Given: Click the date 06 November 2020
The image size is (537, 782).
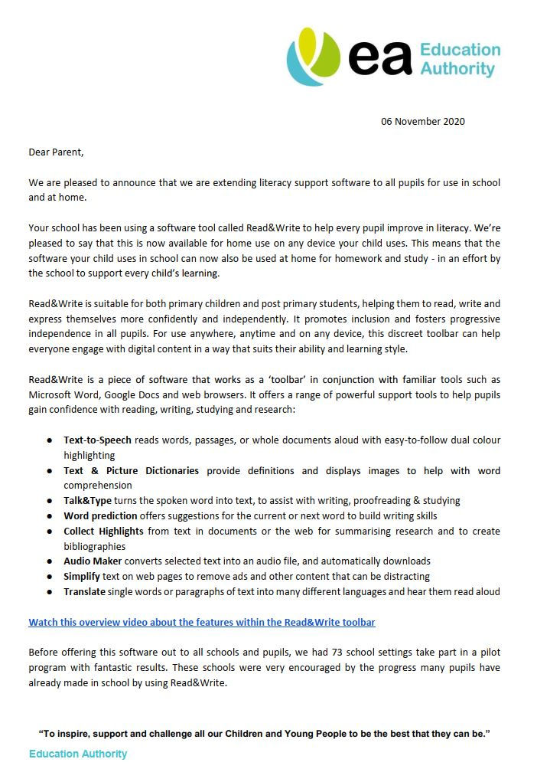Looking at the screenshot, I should coord(422,121).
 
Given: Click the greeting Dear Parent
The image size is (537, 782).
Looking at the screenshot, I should coord(56,152).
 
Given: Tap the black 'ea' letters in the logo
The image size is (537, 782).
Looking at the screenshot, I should coord(381,57).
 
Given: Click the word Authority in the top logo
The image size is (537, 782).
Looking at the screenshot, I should coord(457,69).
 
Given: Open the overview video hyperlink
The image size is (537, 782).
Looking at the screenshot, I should coord(202,622).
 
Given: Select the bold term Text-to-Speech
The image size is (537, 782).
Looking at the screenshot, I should coord(97,440).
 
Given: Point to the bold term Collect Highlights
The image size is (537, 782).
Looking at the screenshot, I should coord(103,531).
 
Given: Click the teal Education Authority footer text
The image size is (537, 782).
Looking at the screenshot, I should coord(78,754).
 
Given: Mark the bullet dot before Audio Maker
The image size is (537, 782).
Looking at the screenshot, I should coord(50,561).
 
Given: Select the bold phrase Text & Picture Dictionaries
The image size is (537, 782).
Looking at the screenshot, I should coord(131,470).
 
